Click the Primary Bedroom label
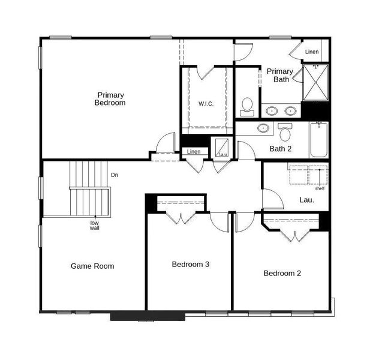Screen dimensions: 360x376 110,99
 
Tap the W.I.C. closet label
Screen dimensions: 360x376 206,104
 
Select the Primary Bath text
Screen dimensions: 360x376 280,75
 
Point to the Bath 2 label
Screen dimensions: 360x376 280,149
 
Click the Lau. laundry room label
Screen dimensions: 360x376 306,200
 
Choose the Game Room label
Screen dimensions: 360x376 92,266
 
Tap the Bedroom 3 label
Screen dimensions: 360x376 190,264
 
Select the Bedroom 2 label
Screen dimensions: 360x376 282,273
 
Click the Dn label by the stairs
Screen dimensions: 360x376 115,176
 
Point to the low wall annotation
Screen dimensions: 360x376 95,226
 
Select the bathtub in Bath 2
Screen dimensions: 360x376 318,140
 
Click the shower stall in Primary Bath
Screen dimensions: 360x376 315,83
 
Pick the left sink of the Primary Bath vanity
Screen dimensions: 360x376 272,110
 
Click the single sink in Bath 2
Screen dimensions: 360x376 263,128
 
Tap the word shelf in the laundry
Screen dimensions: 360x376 320,188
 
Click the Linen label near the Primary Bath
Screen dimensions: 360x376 312,52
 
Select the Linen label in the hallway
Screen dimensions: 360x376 194,152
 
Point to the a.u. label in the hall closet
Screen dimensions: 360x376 222,154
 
